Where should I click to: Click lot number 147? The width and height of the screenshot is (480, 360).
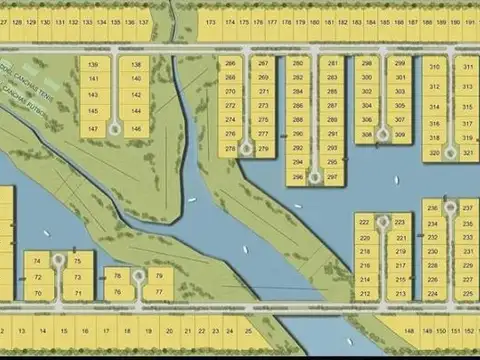pos(93,129)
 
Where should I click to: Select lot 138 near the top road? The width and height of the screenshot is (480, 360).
pos(136,65)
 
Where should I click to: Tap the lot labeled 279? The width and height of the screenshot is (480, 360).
pos(264,149)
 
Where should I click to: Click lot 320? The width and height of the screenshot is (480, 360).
pos(434,153)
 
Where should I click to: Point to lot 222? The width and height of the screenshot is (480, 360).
pos(364,222)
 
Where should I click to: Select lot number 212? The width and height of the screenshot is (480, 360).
pos(364,294)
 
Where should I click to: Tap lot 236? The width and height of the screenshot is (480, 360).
pos(433,209)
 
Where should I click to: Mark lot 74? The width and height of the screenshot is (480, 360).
pos(38,261)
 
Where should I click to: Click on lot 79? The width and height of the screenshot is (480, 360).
pos(159,276)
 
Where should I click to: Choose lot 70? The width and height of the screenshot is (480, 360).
pos(38,294)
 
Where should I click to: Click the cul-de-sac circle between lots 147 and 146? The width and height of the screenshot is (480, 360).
pos(115,128)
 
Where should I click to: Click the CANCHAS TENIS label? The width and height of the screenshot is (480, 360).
pos(42,79)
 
